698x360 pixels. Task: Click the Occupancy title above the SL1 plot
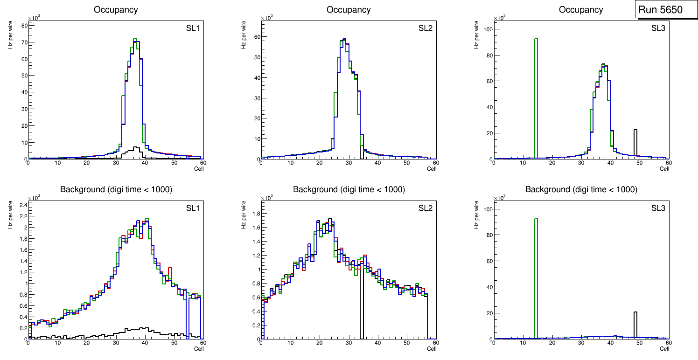coord(116,9)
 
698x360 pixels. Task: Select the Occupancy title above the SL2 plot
coord(349,9)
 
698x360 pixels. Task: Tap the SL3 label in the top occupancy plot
coord(659,28)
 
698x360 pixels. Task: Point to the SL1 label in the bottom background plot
coord(193,208)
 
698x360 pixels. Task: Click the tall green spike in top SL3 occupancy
coord(536,93)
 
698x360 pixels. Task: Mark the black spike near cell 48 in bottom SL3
coord(635,324)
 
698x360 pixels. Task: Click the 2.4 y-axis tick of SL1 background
coord(21,205)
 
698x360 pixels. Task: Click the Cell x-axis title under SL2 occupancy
coord(432,168)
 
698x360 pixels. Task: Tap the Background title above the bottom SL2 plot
coord(349,189)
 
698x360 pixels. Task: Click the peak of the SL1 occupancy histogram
coord(135,39)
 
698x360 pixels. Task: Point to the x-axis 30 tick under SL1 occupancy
coord(116,163)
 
